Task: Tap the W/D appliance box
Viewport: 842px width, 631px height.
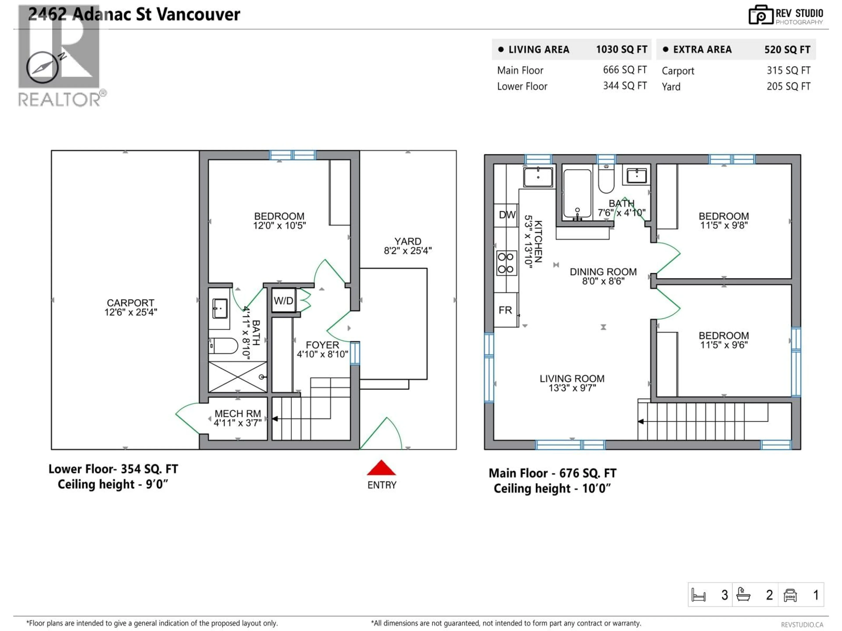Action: click(x=284, y=301)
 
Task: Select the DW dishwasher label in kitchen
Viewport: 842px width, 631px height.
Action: click(x=507, y=215)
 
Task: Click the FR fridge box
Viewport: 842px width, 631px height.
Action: click(x=505, y=310)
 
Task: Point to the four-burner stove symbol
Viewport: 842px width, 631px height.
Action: click(x=506, y=263)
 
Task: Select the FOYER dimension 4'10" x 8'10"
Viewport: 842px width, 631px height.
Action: click(x=322, y=354)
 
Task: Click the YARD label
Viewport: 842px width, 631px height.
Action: click(x=408, y=241)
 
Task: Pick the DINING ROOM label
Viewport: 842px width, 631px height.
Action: click(x=603, y=272)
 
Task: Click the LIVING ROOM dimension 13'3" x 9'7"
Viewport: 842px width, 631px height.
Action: click(x=572, y=388)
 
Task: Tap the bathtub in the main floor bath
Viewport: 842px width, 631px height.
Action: click(x=577, y=194)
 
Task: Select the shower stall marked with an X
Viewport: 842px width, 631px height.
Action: click(x=237, y=377)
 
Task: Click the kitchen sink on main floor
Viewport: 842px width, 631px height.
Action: click(x=538, y=177)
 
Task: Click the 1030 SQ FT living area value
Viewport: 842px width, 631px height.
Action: click(x=621, y=50)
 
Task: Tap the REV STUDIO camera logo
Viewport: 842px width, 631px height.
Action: click(x=760, y=15)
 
